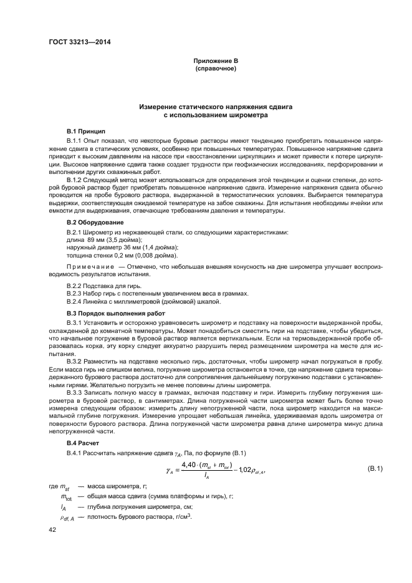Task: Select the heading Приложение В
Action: click(215, 60)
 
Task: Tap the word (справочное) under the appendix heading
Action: click(215, 67)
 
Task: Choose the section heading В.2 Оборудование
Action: click(95, 222)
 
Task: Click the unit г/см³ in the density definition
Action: click(178, 518)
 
